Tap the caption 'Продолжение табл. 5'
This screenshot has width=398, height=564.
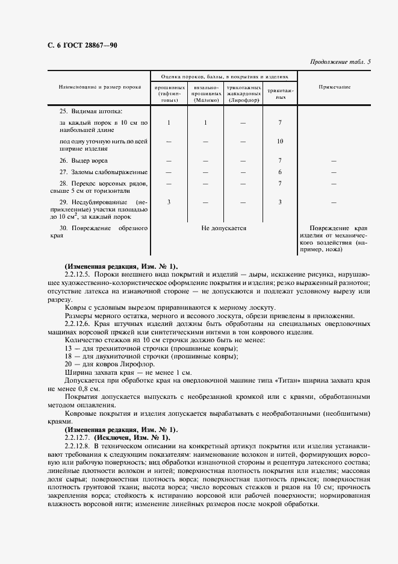click(340, 62)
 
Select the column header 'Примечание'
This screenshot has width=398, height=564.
click(334, 87)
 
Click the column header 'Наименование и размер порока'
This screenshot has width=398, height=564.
click(99, 87)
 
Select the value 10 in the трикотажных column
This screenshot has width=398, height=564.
click(280, 141)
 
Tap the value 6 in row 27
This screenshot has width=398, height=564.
click(280, 172)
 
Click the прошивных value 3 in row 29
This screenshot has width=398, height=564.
click(169, 201)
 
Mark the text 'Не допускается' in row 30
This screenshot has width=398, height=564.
click(224, 228)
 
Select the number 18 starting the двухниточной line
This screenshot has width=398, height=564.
click(67, 356)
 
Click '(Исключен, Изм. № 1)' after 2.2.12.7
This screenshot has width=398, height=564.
click(132, 437)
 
